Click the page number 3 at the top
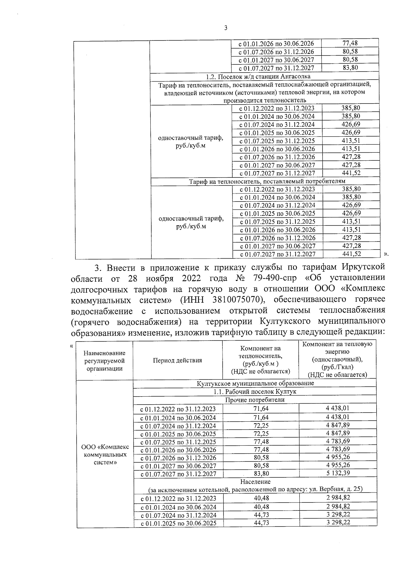coord(225,28)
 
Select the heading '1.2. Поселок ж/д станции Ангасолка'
coord(264,77)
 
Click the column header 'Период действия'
coord(177,360)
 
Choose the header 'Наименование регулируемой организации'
coord(105,361)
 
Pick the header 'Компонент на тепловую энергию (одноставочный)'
coord(337,360)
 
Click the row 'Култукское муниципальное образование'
coord(255,383)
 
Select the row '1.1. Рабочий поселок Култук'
coord(255,392)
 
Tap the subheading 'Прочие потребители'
coord(255,400)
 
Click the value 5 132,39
coord(338,473)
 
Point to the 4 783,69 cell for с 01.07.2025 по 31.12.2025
coord(338,441)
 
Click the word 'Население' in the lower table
coord(255,481)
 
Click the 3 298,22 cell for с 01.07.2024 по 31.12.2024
coord(338,515)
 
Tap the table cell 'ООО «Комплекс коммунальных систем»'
coord(105,455)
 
